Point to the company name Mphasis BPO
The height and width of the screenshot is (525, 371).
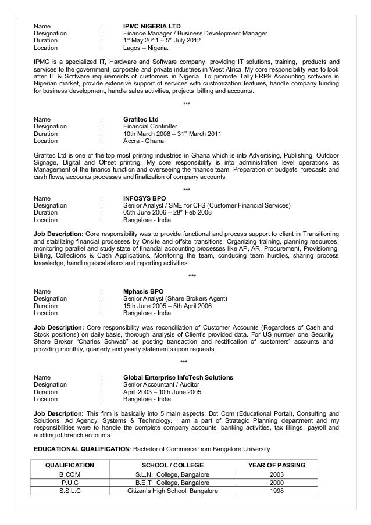[x=144, y=290]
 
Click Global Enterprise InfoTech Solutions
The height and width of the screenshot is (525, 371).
[x=179, y=377]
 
